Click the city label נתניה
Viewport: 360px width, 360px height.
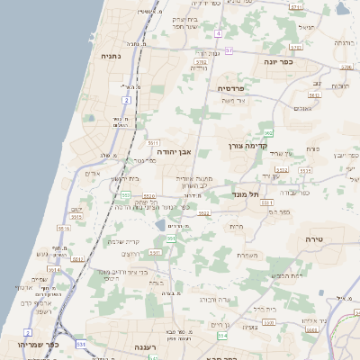[x=112, y=55]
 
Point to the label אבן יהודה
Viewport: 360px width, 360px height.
[x=176, y=152]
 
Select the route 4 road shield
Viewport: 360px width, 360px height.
[x=219, y=33]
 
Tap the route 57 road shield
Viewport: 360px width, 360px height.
[x=229, y=51]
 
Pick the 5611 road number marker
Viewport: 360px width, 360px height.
[x=153, y=143]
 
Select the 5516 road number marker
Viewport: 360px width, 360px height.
[x=64, y=229]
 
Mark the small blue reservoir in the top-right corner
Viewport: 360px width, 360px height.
[x=341, y=8]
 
